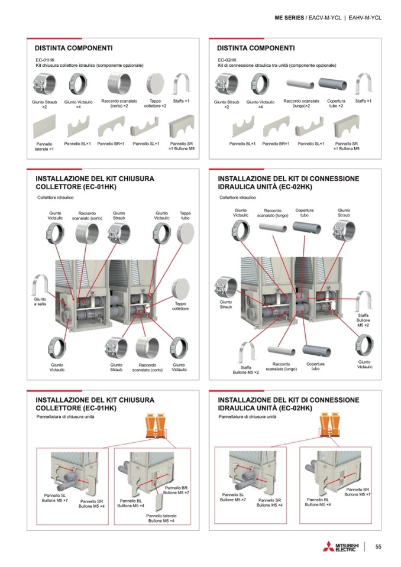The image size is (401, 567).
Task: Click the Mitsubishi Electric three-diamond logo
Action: [x=328, y=547]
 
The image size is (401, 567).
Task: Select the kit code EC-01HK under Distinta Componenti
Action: [x=46, y=60]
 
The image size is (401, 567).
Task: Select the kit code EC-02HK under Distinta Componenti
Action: [x=227, y=60]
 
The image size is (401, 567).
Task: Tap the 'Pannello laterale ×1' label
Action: [x=44, y=146]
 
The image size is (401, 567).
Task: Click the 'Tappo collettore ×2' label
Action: [x=156, y=103]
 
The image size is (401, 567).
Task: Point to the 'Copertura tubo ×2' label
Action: [x=336, y=103]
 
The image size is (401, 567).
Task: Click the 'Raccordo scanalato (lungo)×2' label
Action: [x=301, y=103]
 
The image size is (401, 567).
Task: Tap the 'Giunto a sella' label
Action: [x=40, y=302]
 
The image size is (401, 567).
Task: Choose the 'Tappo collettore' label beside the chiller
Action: [x=180, y=306]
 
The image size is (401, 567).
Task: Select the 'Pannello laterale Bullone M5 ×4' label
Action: [x=161, y=519]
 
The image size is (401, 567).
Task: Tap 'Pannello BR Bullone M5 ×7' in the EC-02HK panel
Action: [x=357, y=492]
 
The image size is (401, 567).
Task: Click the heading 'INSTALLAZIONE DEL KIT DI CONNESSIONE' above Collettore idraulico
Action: [x=289, y=178]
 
